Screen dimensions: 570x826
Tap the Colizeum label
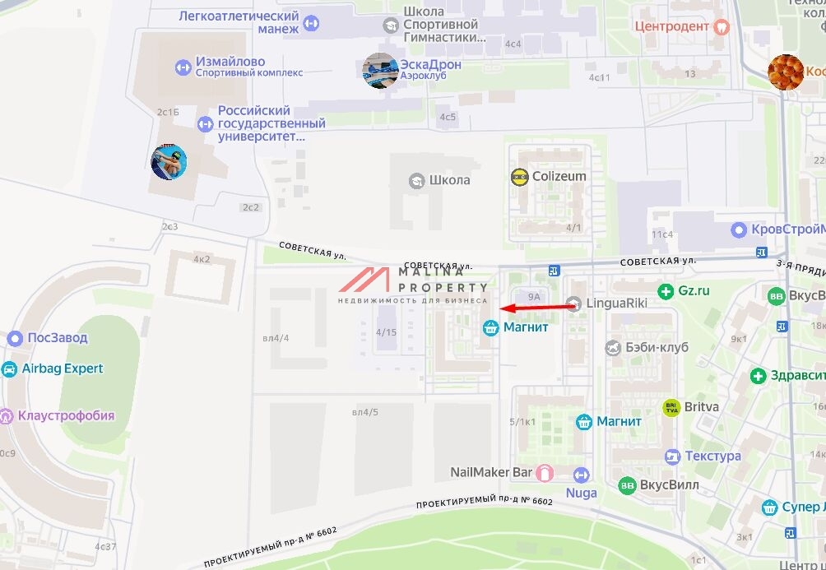click(x=559, y=176)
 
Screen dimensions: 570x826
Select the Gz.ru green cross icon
click(x=666, y=291)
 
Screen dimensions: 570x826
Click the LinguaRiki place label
click(x=616, y=303)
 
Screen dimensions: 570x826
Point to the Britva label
click(x=701, y=407)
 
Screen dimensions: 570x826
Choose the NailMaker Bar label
click(x=491, y=472)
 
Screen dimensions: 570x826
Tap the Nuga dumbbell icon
click(x=582, y=475)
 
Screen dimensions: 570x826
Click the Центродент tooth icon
click(x=722, y=26)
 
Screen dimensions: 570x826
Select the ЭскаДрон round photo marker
click(x=381, y=71)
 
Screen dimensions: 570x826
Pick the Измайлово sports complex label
click(x=230, y=62)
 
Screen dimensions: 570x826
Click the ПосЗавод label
click(x=57, y=338)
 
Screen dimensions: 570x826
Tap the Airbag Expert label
click(x=63, y=368)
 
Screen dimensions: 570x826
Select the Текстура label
click(x=712, y=456)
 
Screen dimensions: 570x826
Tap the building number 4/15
click(x=386, y=332)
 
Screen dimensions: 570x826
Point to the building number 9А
click(x=534, y=297)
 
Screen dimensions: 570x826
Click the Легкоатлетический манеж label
click(x=239, y=22)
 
